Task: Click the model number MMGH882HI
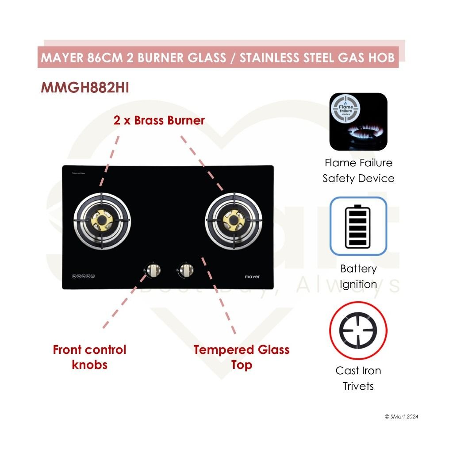[x=84, y=88]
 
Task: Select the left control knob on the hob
[x=153, y=269]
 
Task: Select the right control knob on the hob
[x=185, y=269]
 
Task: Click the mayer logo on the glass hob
[x=252, y=276]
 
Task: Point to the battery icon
[x=358, y=226]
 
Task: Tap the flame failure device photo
[x=358, y=122]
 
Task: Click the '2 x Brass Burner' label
[x=159, y=120]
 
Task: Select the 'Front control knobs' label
[x=89, y=357]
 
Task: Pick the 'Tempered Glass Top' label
[x=242, y=357]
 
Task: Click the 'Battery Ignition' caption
[x=358, y=276]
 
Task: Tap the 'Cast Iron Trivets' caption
[x=358, y=378]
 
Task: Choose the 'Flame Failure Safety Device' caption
[x=358, y=171]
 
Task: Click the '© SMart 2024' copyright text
[x=401, y=417]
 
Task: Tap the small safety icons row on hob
[x=83, y=276]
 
